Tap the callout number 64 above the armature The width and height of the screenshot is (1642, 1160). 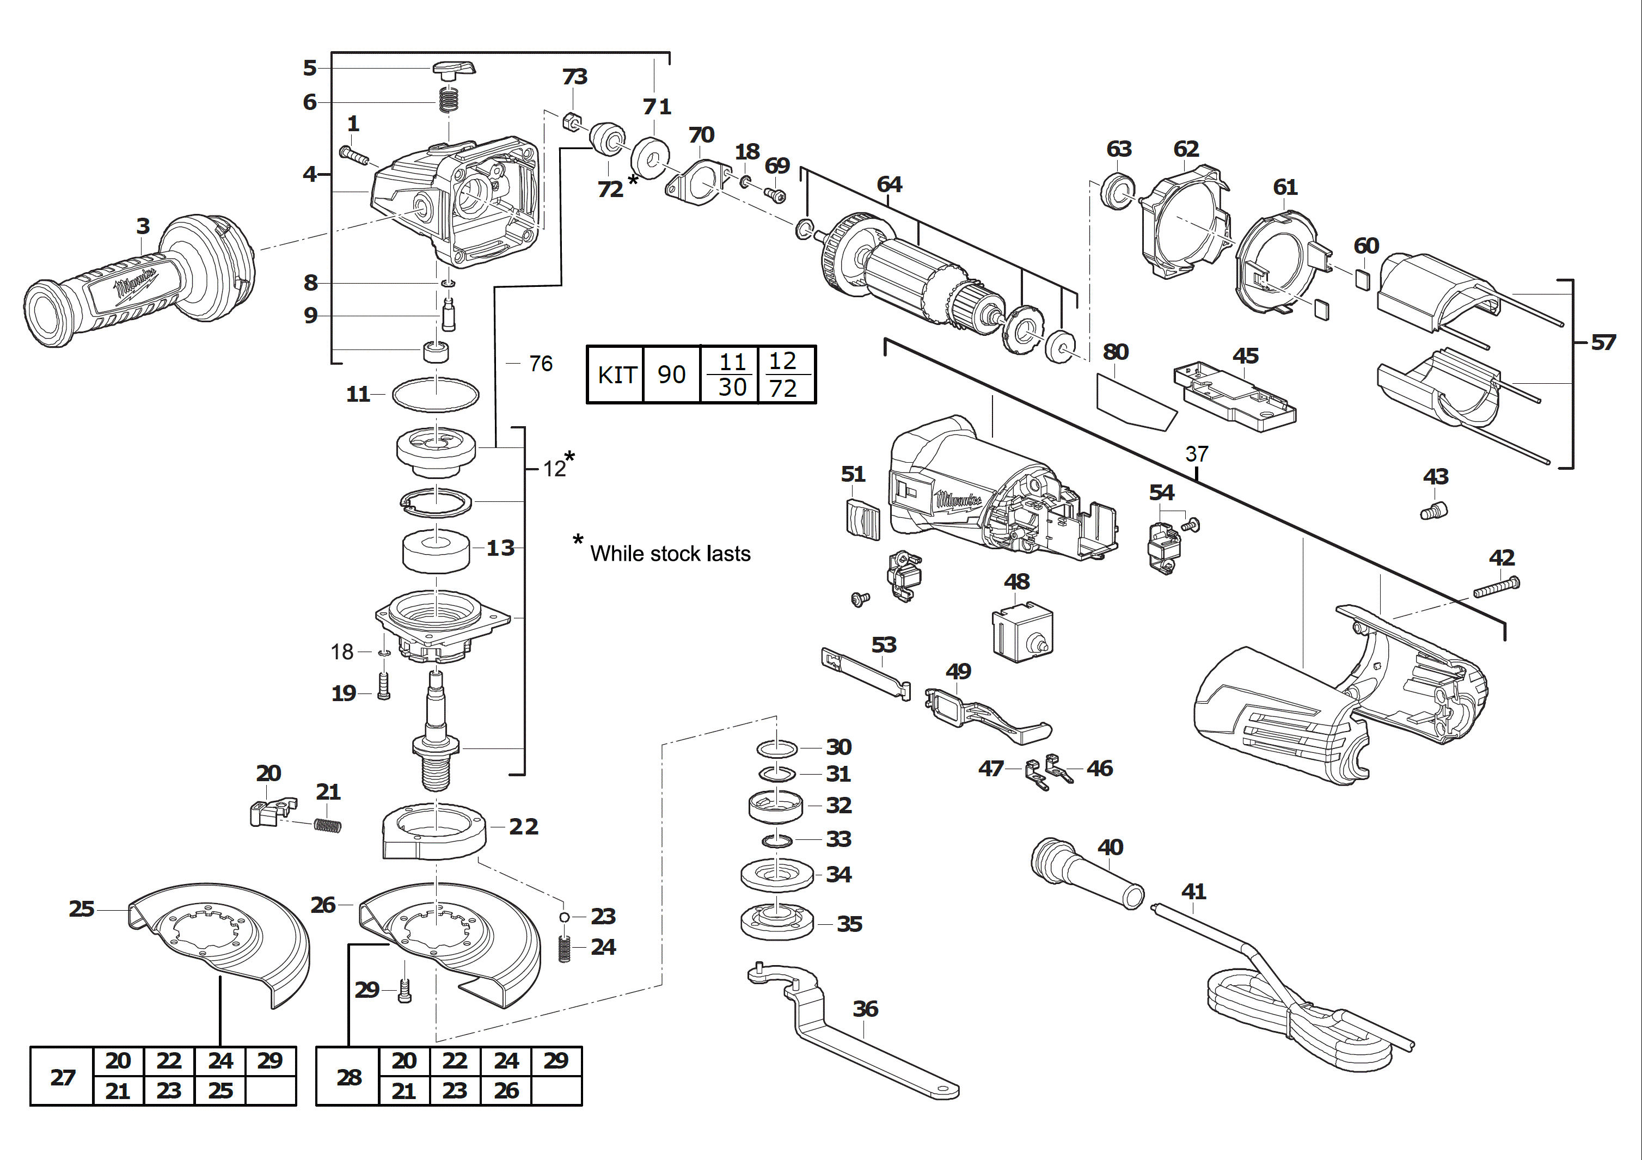(889, 185)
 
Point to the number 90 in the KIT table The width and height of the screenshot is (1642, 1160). (671, 375)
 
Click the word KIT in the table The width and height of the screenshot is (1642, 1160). (616, 375)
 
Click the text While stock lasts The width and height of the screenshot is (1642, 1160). (670, 554)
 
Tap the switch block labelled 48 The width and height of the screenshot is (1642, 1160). (1021, 631)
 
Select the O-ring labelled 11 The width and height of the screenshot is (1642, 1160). (436, 395)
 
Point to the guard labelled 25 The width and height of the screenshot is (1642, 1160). (222, 937)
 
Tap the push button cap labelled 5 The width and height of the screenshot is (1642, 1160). (453, 69)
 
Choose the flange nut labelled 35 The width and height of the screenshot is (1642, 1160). (777, 923)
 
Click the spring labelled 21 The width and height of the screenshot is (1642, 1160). (328, 826)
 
